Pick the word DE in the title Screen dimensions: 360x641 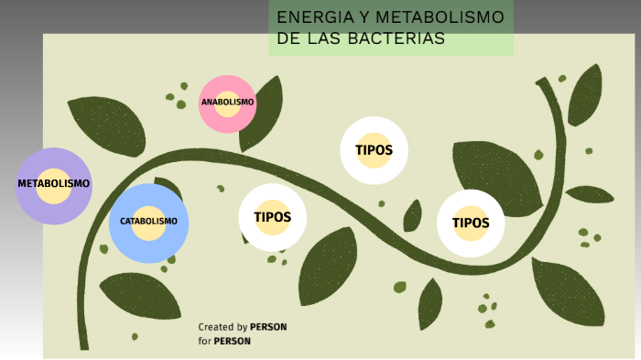(x=289, y=38)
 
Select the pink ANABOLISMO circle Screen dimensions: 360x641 (x=227, y=103)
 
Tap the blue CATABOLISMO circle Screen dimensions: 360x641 (x=148, y=222)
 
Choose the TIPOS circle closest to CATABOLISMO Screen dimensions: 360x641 (x=272, y=218)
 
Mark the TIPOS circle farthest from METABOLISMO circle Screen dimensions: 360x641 (x=471, y=223)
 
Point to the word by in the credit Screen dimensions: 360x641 (x=242, y=327)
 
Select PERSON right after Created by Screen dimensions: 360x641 (x=268, y=327)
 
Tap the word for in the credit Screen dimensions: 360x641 (x=204, y=341)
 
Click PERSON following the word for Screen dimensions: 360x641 (x=232, y=341)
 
